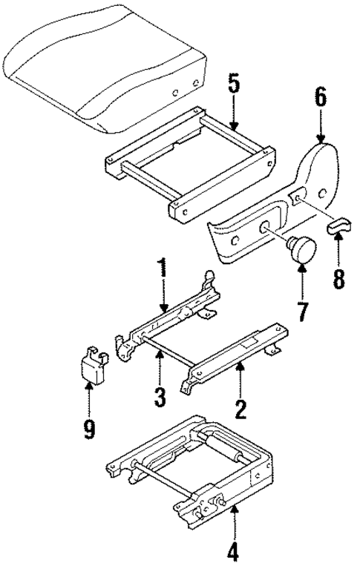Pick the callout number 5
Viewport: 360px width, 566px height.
point(233,85)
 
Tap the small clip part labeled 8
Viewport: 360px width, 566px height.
point(339,226)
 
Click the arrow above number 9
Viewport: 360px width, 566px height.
point(89,397)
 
